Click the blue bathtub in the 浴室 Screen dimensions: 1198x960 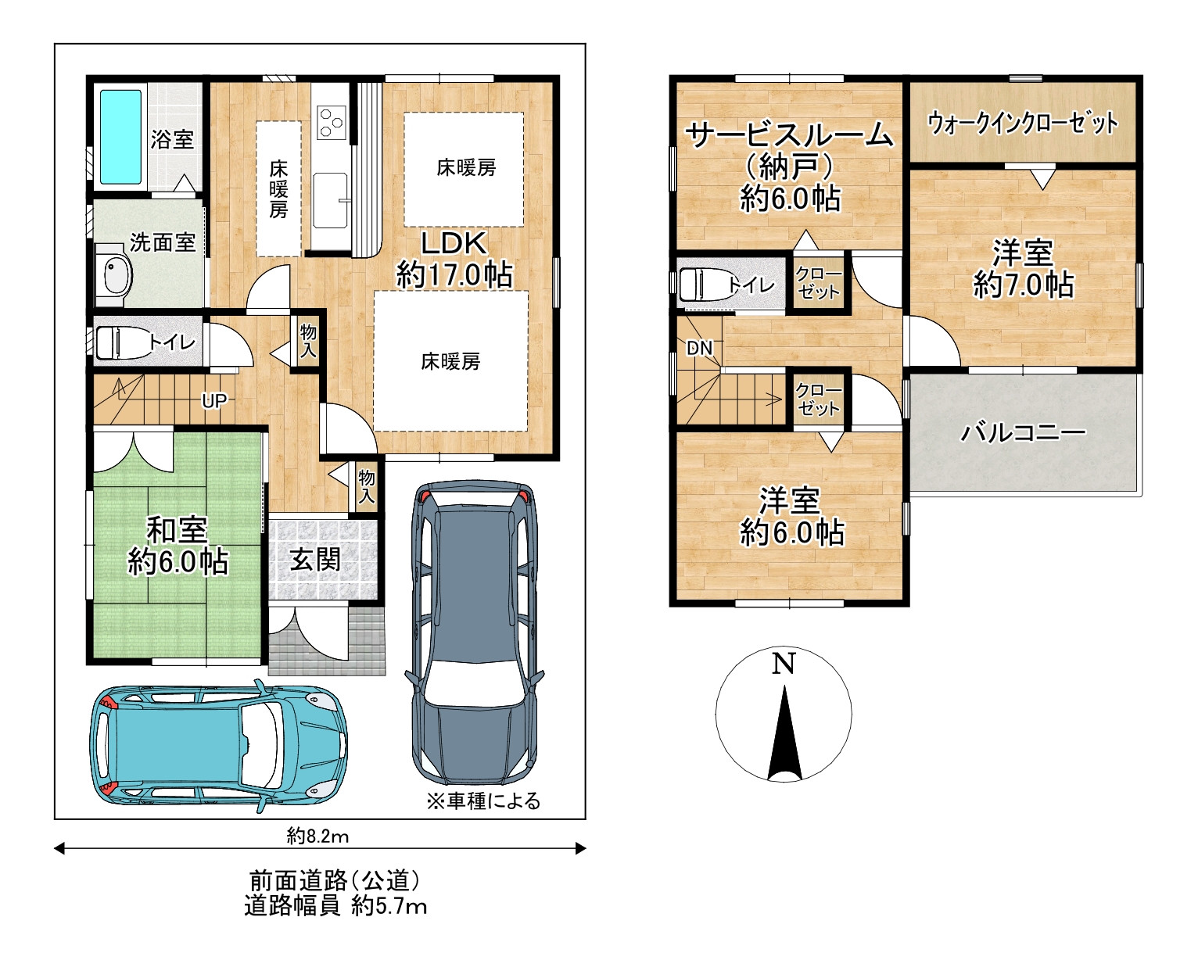(120, 136)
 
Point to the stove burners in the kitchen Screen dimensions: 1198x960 (332, 123)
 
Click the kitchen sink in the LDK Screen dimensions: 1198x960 (330, 200)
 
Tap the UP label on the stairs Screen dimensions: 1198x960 (214, 401)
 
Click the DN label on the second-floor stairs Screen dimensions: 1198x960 (700, 349)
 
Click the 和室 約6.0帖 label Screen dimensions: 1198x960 (178, 546)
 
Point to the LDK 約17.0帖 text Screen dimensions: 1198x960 (454, 260)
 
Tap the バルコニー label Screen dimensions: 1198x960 (1023, 432)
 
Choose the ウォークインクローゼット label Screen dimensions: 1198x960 (1023, 124)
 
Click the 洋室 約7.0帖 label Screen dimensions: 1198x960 (1023, 270)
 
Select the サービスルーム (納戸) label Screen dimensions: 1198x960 (790, 151)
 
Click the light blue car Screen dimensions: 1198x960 (219, 745)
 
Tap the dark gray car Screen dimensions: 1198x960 (475, 632)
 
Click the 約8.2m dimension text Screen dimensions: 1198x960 (317, 836)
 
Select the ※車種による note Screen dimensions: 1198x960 (483, 801)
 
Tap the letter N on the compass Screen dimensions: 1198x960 (784, 664)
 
